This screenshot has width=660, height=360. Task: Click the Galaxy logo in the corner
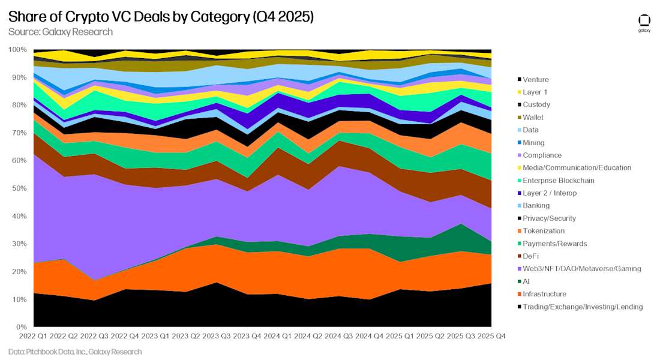(644, 22)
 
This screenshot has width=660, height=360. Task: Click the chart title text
(161, 17)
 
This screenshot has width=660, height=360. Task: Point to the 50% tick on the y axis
(17, 188)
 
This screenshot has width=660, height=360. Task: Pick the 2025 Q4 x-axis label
(490, 336)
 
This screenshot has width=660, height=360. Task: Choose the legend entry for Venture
(535, 80)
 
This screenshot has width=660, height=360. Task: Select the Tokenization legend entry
(544, 231)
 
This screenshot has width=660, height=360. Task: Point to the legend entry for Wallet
(533, 118)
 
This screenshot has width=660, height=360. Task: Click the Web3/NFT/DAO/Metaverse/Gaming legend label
(581, 269)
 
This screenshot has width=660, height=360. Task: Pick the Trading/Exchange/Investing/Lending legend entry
(582, 307)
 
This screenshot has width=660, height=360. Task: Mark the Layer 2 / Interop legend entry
(549, 193)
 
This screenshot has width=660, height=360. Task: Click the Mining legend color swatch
(518, 143)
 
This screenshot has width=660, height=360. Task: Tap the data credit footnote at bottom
(75, 352)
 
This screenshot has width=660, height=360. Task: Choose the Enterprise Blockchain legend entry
(558, 181)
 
